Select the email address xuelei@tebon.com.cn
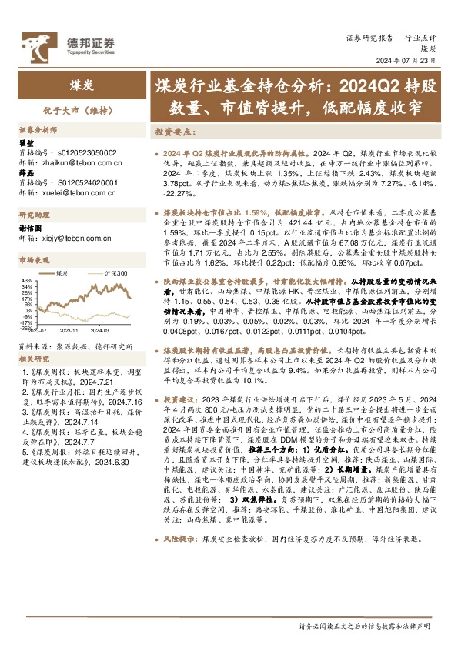pos(68,194)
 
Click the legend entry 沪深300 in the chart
pos(115,273)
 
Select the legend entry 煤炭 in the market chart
pos(65,273)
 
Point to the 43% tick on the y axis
pos(26,280)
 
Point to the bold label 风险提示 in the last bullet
pos(177,595)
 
